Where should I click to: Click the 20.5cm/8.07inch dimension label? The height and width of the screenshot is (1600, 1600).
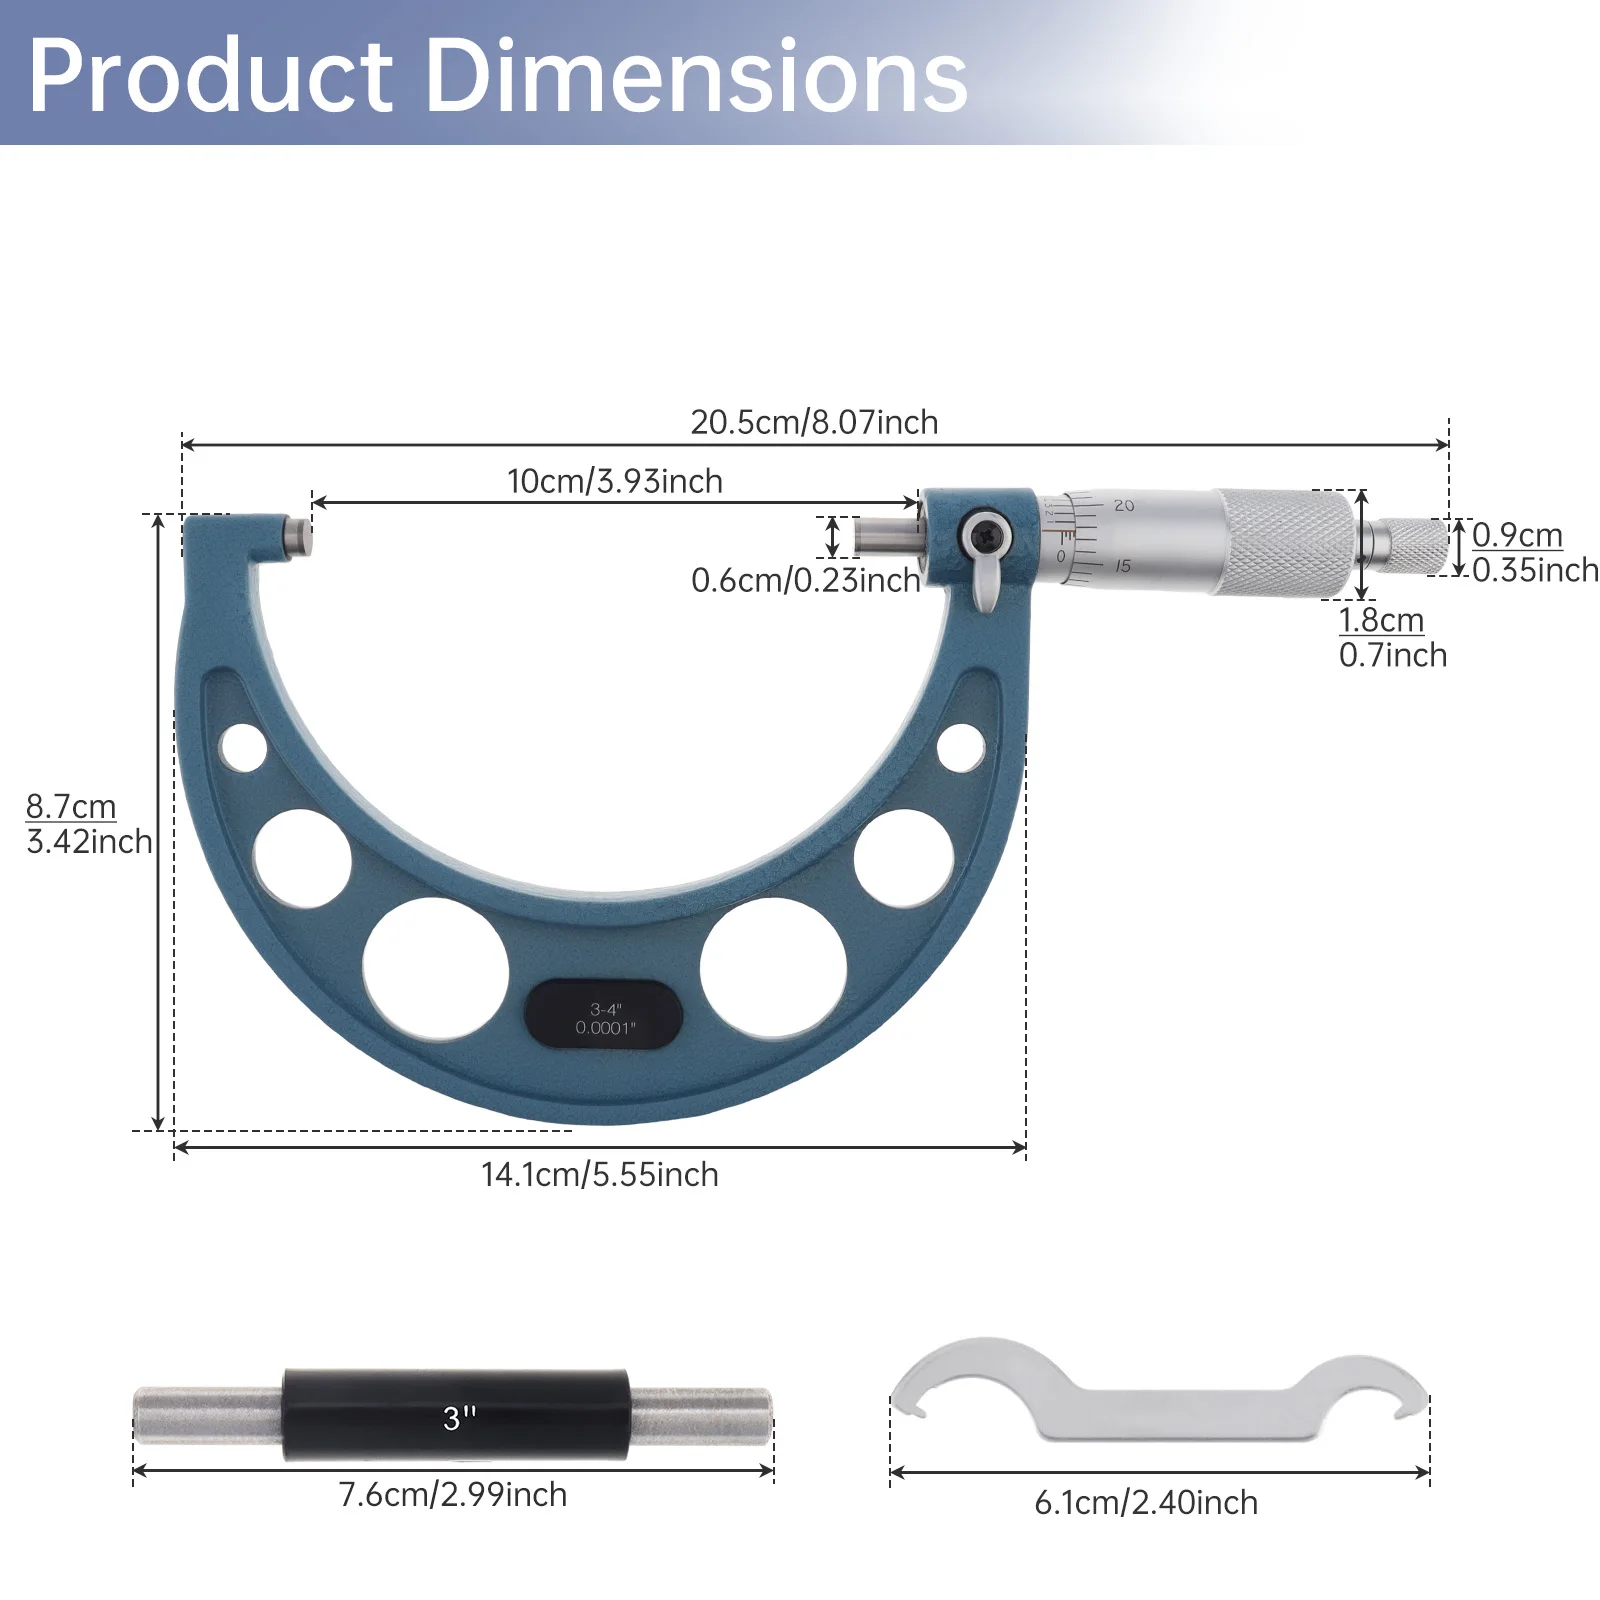[x=814, y=422]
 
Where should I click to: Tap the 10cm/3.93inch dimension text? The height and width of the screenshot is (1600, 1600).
[x=615, y=481]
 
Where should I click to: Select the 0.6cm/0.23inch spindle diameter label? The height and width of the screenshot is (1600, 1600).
[x=805, y=580]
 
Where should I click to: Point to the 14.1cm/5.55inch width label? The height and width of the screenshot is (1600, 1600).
[x=599, y=1174]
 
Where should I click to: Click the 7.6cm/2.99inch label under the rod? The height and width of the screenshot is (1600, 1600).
[x=453, y=1494]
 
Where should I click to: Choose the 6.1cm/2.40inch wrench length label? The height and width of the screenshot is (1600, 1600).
[x=1146, y=1502]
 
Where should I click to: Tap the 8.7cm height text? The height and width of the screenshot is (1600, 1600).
[x=71, y=806]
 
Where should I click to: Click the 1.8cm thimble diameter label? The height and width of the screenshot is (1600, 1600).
[x=1381, y=620]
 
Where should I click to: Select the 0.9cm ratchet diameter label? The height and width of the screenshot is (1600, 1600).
[x=1517, y=535]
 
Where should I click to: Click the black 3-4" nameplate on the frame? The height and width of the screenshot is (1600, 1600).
[x=605, y=1014]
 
